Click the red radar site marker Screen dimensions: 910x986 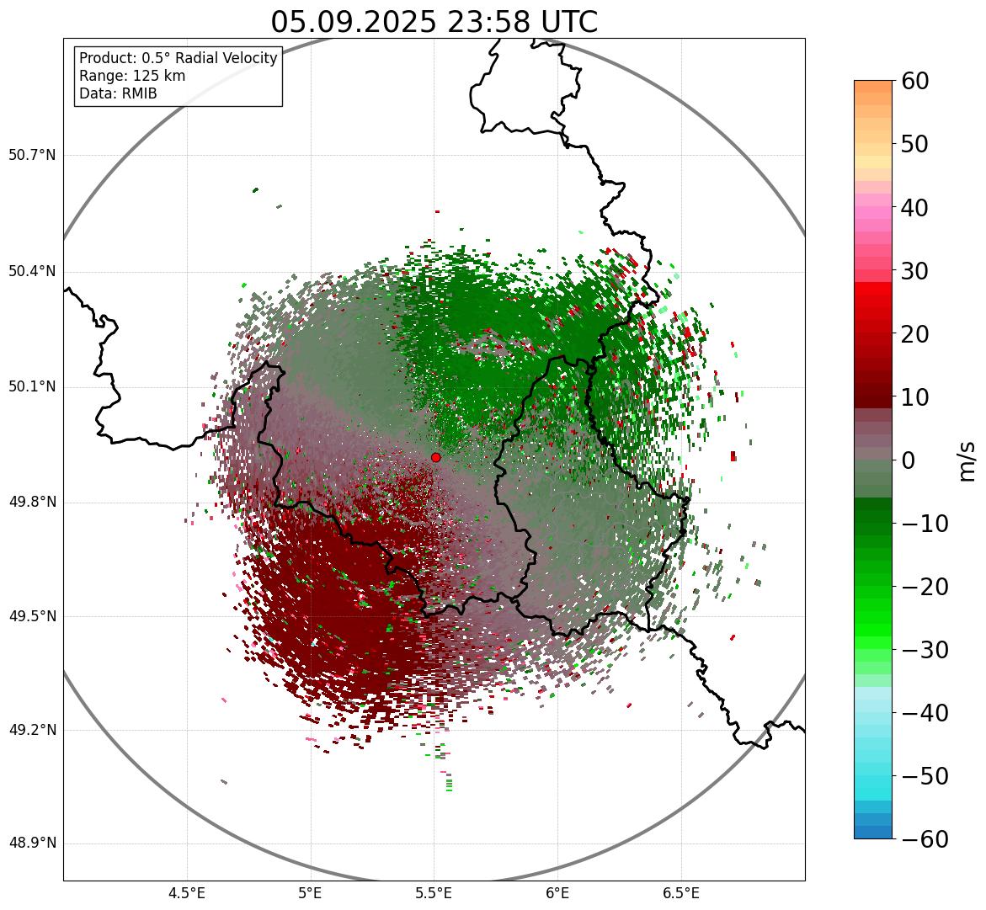click(x=435, y=457)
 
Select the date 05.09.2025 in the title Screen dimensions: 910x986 click(x=354, y=22)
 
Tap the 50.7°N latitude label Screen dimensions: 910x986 click(x=32, y=156)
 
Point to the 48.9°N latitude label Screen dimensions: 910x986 click(x=32, y=844)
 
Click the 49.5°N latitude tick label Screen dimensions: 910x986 click(x=32, y=616)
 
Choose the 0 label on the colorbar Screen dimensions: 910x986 click(x=909, y=460)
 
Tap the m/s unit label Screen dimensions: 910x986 click(x=967, y=460)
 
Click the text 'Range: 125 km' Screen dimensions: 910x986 click(x=132, y=76)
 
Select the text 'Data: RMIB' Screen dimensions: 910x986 click(x=118, y=93)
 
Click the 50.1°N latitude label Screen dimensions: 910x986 click(x=32, y=387)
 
